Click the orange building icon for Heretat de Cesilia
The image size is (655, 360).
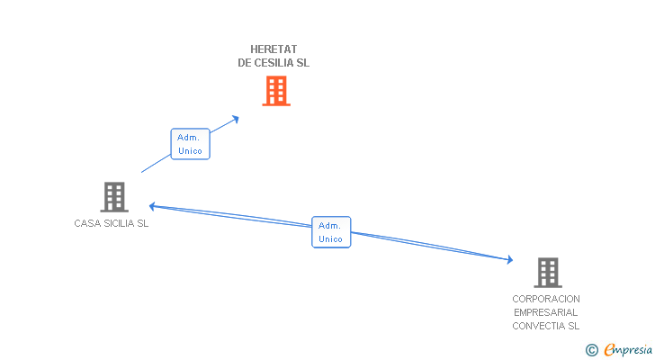click(x=276, y=90)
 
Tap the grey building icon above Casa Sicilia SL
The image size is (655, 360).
click(x=114, y=196)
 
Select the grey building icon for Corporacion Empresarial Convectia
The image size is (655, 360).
click(x=547, y=272)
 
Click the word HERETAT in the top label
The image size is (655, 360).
click(x=274, y=49)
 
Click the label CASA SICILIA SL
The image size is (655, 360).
click(x=112, y=224)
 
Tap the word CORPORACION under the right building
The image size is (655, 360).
click(x=546, y=299)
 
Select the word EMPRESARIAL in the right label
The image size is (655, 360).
click(x=546, y=312)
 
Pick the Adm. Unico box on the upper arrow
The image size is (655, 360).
click(x=190, y=144)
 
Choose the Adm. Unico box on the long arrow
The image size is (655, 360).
click(x=331, y=232)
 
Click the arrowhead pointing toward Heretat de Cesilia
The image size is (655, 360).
click(x=236, y=118)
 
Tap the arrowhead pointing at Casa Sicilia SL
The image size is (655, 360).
click(x=153, y=205)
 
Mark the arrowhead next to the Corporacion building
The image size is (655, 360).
click(x=508, y=260)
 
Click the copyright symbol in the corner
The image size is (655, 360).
click(x=591, y=349)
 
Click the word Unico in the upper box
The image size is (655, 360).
click(x=190, y=151)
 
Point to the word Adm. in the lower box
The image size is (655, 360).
click(x=331, y=225)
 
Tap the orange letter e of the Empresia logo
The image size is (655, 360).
click(x=610, y=349)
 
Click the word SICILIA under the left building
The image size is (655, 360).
click(x=118, y=224)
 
